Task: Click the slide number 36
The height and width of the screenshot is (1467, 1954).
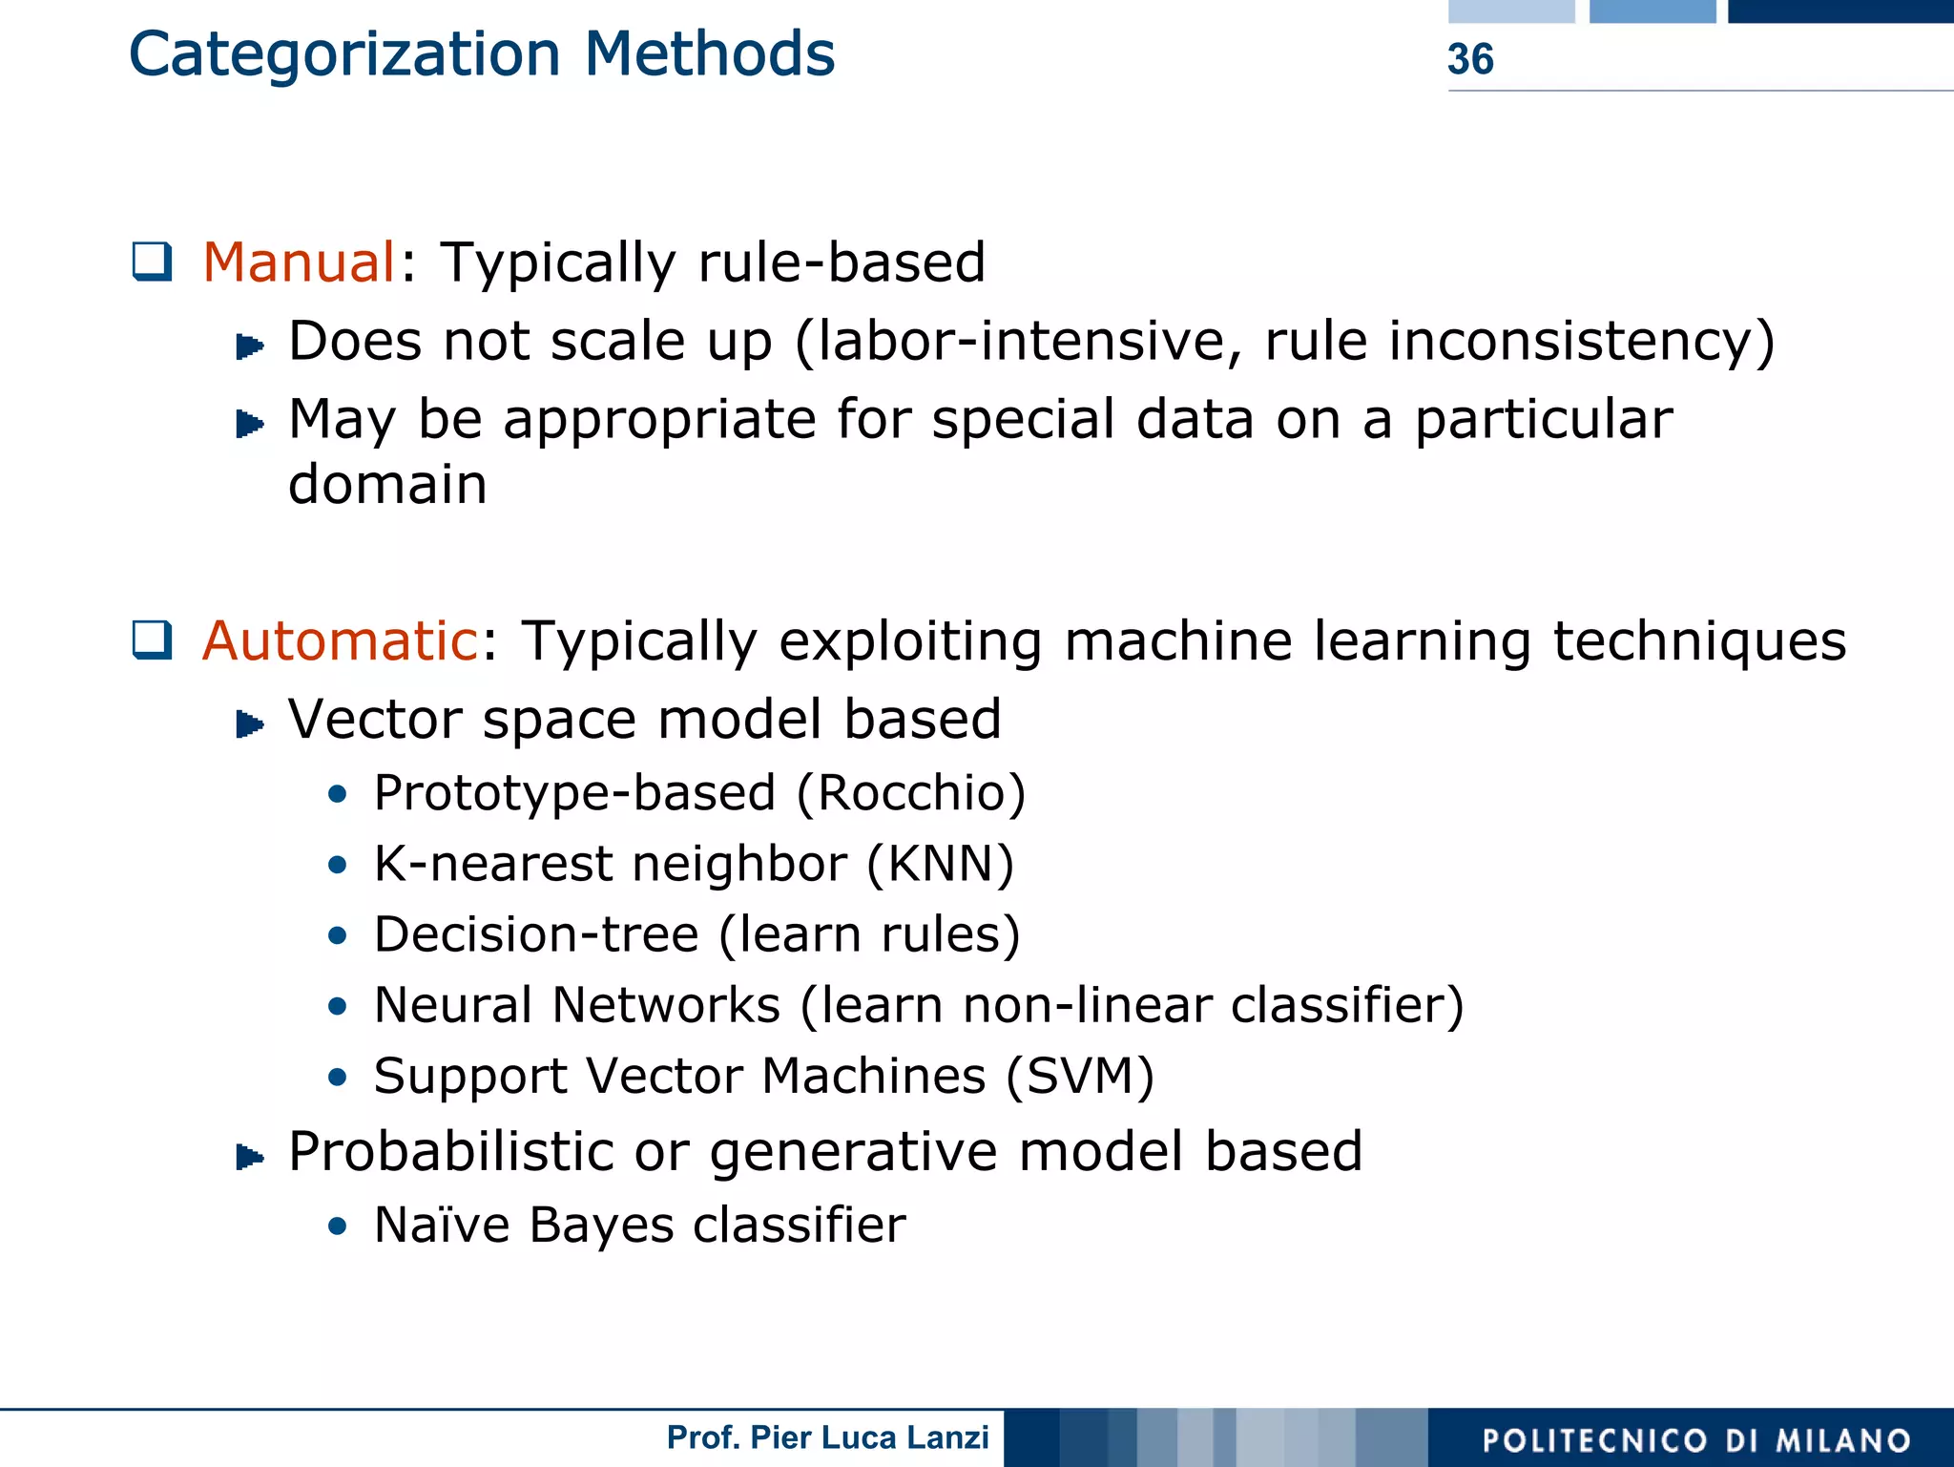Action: pos(1469,59)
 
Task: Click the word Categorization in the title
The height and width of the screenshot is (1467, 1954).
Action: pos(343,55)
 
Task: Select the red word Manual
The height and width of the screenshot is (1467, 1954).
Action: pos(299,262)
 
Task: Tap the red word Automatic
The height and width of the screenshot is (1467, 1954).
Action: pos(340,640)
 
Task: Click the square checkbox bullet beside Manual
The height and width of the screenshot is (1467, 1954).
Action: pos(153,262)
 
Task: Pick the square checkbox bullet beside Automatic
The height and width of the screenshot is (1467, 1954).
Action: pos(153,639)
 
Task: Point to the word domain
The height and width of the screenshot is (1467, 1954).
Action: pos(387,485)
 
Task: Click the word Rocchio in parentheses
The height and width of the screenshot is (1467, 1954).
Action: pos(910,793)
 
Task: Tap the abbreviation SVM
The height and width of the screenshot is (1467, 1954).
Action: pos(1079,1077)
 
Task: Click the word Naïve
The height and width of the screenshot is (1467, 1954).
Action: pos(442,1225)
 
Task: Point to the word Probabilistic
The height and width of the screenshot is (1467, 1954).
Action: pos(450,1152)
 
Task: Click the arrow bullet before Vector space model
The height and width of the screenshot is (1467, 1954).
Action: pos(250,724)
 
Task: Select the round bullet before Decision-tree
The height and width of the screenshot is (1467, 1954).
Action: pos(337,935)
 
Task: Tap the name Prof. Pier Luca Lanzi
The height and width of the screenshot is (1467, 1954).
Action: pos(827,1437)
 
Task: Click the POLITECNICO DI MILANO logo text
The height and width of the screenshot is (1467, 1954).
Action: pos(1696,1440)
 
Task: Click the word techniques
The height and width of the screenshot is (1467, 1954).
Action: pos(1699,640)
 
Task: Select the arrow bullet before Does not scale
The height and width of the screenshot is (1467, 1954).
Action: pos(250,346)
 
